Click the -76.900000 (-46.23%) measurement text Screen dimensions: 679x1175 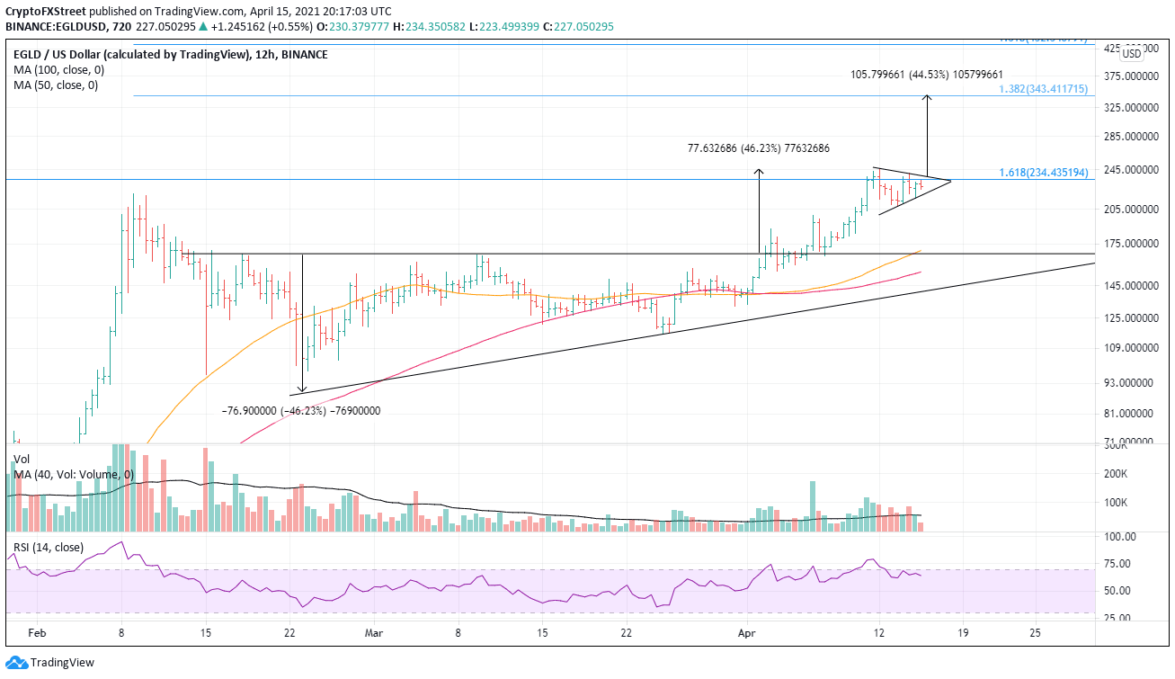coord(300,411)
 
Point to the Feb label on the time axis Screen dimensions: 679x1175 coord(36,633)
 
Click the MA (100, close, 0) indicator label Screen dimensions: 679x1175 coord(56,70)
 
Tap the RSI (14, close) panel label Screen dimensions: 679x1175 coord(49,547)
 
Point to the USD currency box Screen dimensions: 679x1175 coord(1132,54)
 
